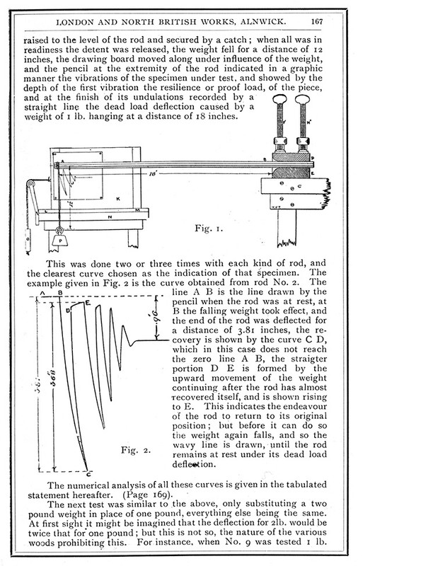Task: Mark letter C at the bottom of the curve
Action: click(87, 474)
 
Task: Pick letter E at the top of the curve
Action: click(87, 302)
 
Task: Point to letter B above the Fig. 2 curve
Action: click(59, 291)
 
